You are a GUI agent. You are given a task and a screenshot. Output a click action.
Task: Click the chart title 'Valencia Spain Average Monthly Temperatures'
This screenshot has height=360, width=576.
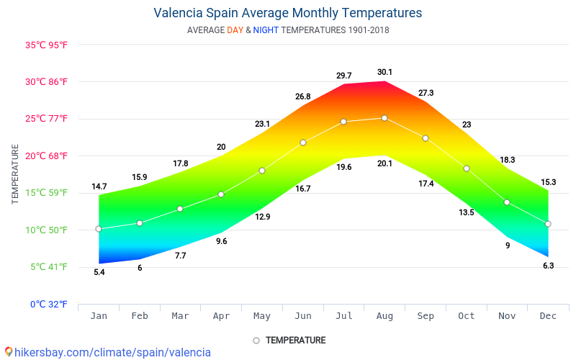coord(288,13)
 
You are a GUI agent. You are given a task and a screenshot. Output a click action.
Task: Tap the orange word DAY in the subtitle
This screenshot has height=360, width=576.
coord(235,30)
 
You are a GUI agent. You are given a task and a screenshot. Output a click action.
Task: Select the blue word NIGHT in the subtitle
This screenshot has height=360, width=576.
coord(266,30)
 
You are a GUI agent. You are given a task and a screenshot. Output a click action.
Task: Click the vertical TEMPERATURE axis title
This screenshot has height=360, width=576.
coord(15,174)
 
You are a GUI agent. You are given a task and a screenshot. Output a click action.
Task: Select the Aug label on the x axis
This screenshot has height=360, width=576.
coord(384,316)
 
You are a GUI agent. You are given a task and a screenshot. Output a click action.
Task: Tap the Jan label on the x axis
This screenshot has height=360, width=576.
coord(99,316)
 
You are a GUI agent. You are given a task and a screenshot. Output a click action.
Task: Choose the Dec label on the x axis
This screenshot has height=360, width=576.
coord(548,316)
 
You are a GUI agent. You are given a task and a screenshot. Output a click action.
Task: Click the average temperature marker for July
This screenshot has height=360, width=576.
coord(343,122)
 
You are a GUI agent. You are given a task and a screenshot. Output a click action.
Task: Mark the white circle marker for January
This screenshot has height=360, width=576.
coord(99,229)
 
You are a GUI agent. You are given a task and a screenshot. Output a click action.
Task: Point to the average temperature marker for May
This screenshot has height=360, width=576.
coord(262,171)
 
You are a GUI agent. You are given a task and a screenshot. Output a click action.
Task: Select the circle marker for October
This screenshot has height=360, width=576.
coord(467,168)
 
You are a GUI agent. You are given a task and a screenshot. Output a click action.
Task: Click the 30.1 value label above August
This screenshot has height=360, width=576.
coord(384,72)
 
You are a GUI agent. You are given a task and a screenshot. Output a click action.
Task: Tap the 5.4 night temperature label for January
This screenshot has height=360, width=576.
coord(99,272)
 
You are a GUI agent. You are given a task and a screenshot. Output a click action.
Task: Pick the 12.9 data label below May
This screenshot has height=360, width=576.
coord(263,217)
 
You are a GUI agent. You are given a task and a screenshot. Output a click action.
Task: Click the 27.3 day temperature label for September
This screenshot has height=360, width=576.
coord(426,93)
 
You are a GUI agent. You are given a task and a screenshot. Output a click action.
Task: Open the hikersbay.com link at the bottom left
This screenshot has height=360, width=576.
coord(108,352)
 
